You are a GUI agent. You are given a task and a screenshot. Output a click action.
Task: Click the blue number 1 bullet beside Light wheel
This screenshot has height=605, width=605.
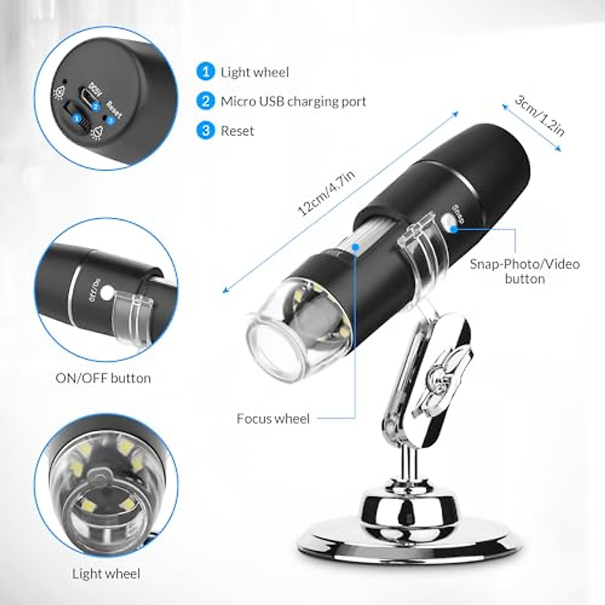[x=205, y=72]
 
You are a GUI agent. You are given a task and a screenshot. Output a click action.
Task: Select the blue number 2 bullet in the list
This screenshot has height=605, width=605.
[x=205, y=101]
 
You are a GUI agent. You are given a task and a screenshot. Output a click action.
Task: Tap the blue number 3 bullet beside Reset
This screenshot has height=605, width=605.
[x=205, y=131]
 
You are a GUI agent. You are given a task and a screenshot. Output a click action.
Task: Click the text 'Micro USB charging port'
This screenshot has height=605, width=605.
[x=293, y=101]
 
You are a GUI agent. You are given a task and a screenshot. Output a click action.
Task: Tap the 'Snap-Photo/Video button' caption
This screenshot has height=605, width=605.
[x=525, y=271]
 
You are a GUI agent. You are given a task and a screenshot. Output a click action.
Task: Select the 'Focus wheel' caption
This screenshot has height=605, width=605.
[x=273, y=418]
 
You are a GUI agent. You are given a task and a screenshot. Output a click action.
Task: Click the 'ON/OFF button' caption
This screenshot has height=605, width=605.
[x=103, y=378]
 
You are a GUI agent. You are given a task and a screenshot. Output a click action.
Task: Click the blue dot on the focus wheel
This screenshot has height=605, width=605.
[x=356, y=248]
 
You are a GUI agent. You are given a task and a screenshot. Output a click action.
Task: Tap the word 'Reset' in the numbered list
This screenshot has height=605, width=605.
[x=237, y=131]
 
